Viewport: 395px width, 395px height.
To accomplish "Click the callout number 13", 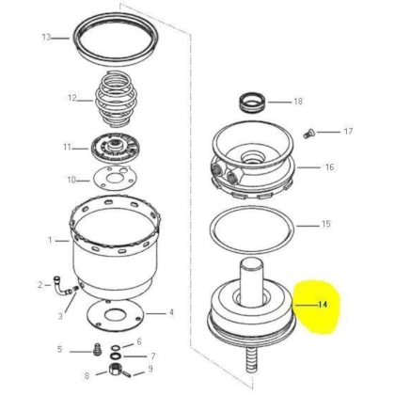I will tap(45, 38).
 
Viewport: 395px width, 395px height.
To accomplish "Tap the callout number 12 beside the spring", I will tap(71, 97).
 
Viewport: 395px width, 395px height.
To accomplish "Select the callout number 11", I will tap(68, 147).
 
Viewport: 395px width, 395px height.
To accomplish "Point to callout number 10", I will tap(71, 179).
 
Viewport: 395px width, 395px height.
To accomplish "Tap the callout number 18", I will tap(298, 101).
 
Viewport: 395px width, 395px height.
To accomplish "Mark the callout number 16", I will tap(328, 167).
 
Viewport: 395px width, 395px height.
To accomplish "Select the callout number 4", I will tap(170, 312).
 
